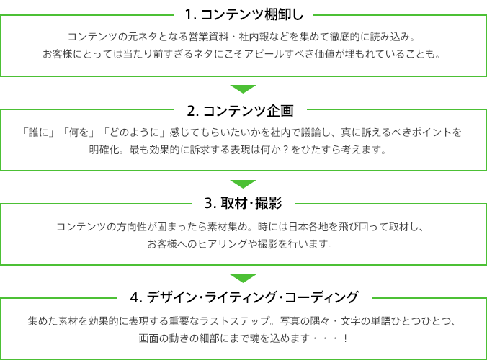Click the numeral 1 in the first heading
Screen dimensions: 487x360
click(x=188, y=14)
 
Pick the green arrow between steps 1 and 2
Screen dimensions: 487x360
click(x=243, y=89)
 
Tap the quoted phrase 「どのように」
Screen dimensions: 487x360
click(x=135, y=132)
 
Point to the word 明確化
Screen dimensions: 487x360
click(x=104, y=150)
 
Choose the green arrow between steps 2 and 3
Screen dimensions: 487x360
click(x=243, y=184)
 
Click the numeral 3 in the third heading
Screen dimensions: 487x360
click(x=208, y=204)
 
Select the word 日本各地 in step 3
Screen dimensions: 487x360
click(x=308, y=227)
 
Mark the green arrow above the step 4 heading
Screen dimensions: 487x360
click(x=243, y=279)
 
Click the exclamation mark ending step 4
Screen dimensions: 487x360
click(x=346, y=338)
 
